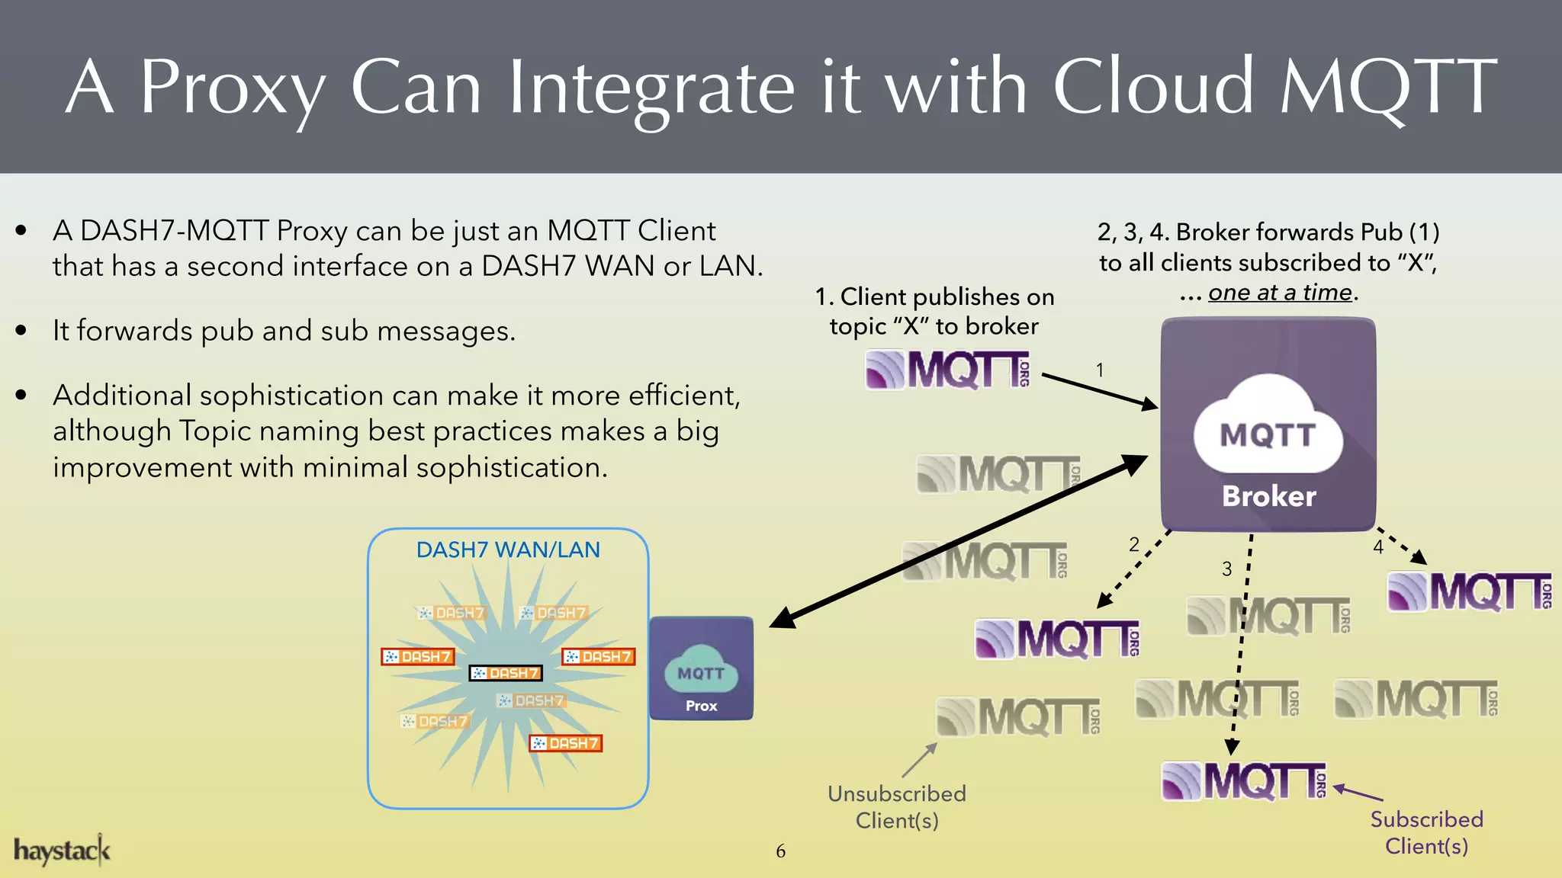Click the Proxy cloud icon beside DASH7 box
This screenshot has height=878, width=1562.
[x=701, y=668]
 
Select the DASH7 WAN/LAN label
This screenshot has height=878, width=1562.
[x=508, y=550]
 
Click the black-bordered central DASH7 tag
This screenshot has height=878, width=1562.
[x=506, y=673]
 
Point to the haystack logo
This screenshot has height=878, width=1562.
[x=62, y=851]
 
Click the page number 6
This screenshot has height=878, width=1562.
[x=780, y=851]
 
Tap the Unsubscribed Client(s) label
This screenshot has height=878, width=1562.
[x=897, y=807]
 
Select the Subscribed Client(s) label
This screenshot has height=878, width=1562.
[x=1426, y=832]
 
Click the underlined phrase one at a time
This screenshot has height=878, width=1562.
[x=1280, y=293]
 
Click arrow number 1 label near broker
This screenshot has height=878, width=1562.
[x=1100, y=370]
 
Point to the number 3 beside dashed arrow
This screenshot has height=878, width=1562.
[x=1226, y=569]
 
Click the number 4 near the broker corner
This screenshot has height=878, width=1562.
[x=1378, y=547]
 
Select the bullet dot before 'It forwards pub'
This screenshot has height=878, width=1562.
[x=21, y=331]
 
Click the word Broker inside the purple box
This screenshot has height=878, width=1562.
[x=1268, y=496]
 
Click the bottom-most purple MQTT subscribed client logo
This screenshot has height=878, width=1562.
[x=1243, y=781]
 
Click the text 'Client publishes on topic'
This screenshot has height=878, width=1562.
[x=934, y=297]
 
